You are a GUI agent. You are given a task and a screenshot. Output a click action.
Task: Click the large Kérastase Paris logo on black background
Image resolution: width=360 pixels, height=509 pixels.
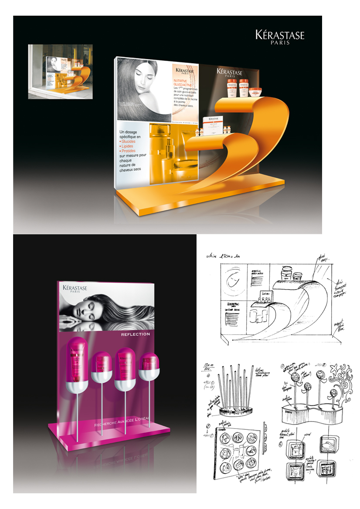(279, 38)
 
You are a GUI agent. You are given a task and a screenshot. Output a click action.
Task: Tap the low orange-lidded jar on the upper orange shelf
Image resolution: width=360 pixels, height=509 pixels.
(254, 93)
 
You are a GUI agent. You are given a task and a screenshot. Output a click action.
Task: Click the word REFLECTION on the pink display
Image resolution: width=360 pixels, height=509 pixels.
(136, 334)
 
